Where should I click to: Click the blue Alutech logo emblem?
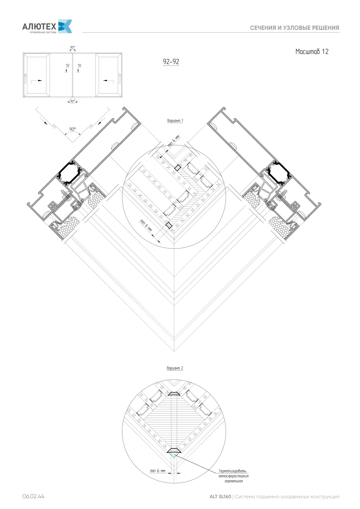click(x=65, y=26)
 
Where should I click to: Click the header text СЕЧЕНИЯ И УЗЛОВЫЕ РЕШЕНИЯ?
click(x=294, y=28)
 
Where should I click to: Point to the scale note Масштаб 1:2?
click(x=312, y=51)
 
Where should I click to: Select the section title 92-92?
click(x=171, y=62)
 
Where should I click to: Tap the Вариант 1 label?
click(x=175, y=121)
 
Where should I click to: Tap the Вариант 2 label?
click(x=175, y=368)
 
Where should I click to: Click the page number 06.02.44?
click(x=33, y=496)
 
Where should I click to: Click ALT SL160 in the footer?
click(x=220, y=496)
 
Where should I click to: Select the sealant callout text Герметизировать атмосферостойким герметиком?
click(x=234, y=476)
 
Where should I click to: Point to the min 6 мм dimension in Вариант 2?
click(x=158, y=471)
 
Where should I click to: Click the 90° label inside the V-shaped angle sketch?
click(x=72, y=129)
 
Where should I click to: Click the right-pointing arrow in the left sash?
click(x=37, y=81)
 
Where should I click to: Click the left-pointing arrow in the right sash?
click(x=108, y=80)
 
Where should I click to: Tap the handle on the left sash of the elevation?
click(x=25, y=77)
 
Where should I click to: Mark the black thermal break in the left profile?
click(x=69, y=173)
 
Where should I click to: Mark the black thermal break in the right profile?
click(x=279, y=173)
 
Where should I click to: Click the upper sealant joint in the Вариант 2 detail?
click(x=174, y=393)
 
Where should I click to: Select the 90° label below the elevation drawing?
click(x=72, y=101)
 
